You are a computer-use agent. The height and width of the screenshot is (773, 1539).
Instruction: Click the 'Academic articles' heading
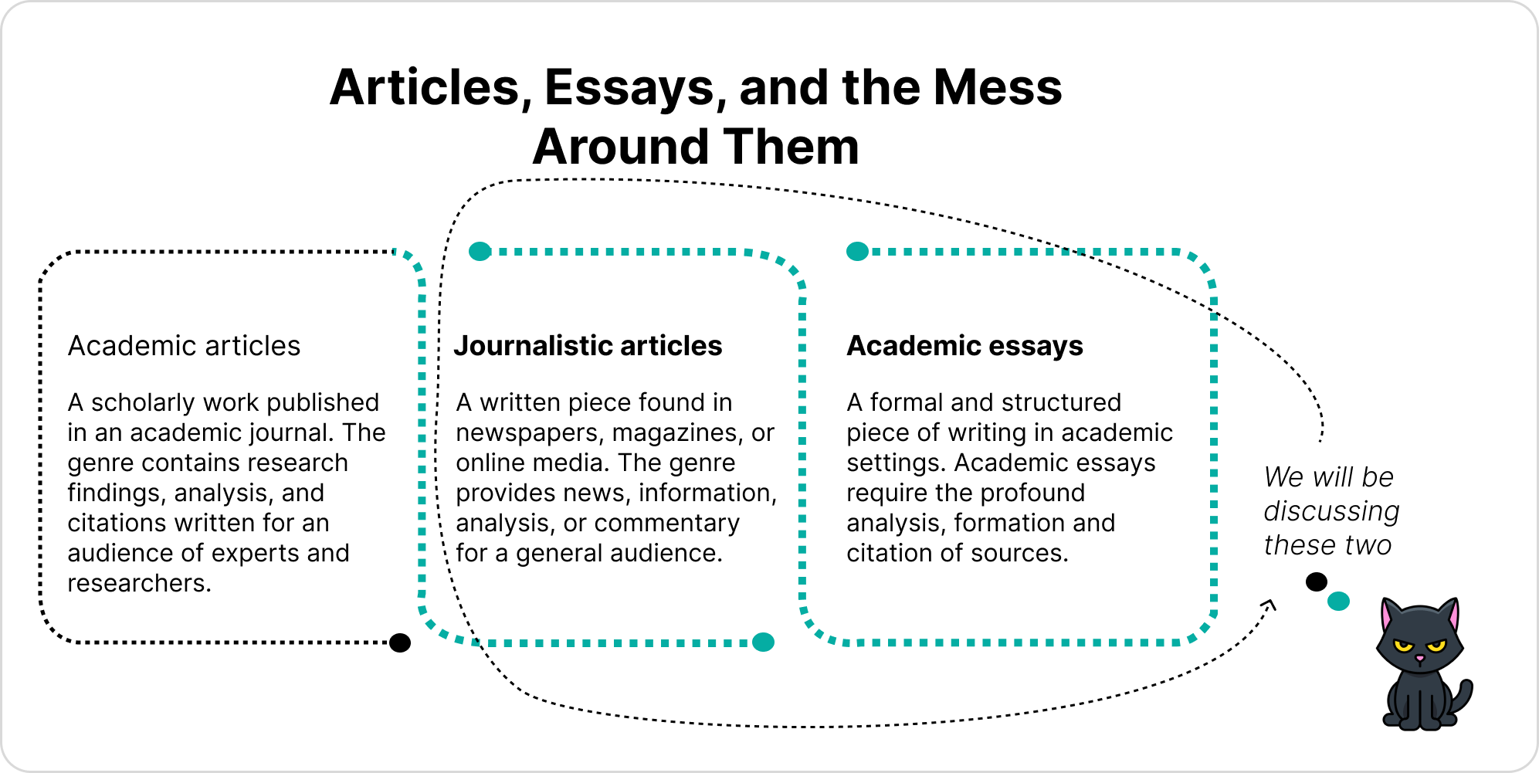click(x=184, y=346)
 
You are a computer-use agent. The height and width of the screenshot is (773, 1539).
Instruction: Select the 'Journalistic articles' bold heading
click(x=588, y=346)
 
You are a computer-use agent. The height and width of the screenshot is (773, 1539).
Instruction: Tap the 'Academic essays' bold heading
click(x=964, y=346)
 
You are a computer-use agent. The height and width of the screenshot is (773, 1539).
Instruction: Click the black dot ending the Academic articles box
click(x=400, y=642)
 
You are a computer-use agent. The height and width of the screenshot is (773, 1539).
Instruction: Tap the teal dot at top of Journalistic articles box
click(x=480, y=252)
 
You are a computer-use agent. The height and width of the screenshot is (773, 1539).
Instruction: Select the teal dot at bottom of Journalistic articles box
click(x=763, y=642)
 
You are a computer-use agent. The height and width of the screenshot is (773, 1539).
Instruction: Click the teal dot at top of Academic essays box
click(x=857, y=252)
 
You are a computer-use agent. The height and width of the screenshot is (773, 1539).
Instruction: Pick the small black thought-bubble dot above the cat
click(x=1317, y=581)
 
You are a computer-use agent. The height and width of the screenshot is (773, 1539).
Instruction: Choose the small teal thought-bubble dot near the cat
click(x=1338, y=601)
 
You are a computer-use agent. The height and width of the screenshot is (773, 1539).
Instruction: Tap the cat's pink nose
click(x=1419, y=658)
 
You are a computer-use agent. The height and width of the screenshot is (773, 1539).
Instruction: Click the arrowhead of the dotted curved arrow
click(x=1270, y=604)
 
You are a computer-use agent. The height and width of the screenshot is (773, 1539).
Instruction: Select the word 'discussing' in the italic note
click(x=1331, y=511)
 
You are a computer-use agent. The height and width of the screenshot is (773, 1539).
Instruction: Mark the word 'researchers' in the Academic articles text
click(x=139, y=583)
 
